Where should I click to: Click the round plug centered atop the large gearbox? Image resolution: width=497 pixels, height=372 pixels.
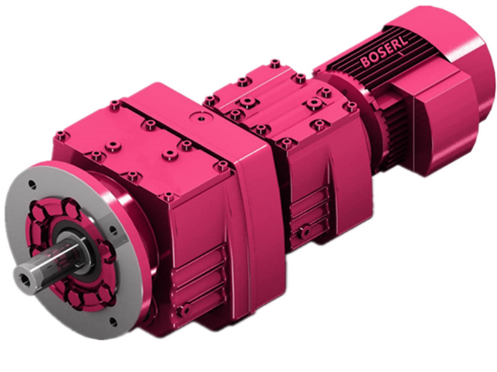[x=201, y=115]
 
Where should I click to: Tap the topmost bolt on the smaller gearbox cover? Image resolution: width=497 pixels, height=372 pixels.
[x=275, y=63]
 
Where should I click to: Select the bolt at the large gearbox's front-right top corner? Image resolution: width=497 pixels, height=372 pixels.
[x=222, y=166]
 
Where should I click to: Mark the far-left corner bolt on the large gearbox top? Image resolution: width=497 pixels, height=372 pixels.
[x=61, y=135]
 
